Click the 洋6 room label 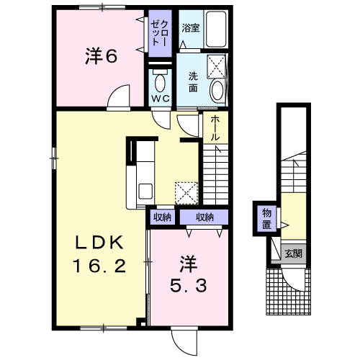102,56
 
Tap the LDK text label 99,242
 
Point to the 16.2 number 99,266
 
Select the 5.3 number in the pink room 189,286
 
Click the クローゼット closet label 160,33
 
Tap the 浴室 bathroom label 191,28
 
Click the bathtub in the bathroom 216,29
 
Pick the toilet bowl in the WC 160,81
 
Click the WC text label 160,99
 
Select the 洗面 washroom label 193,82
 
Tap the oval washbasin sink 217,89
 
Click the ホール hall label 215,128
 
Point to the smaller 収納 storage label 162,217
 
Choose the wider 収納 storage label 204,217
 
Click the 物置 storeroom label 266,218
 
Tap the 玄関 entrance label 293,253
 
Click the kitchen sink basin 145,191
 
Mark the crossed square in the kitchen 186,193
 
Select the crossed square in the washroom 216,67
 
